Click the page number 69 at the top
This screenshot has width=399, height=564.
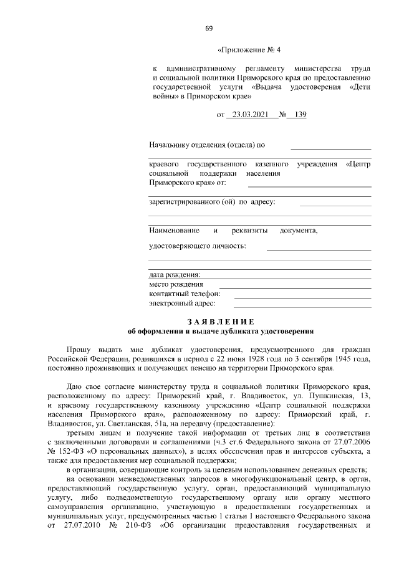click(x=209, y=27)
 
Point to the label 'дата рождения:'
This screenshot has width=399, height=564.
click(x=175, y=274)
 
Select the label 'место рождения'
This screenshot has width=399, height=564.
click(x=176, y=284)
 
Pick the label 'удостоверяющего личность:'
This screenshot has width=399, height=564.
click(x=198, y=246)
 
